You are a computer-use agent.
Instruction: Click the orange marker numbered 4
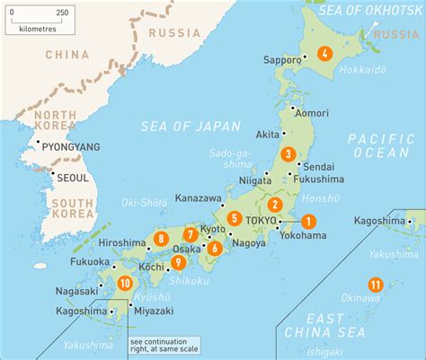pyautogui.click(x=324, y=53)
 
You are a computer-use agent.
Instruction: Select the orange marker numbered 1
pyautogui.click(x=307, y=221)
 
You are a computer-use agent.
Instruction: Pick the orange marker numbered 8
pyautogui.click(x=160, y=238)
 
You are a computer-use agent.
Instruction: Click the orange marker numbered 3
pyautogui.click(x=287, y=154)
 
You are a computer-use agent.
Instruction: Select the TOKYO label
pyautogui.click(x=260, y=221)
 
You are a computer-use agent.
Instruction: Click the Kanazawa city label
pyautogui.click(x=198, y=198)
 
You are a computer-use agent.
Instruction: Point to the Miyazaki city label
pyautogui.click(x=153, y=309)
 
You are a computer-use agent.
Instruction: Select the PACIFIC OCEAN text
pyautogui.click(x=380, y=145)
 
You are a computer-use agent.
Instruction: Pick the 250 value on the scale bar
pyautogui.click(x=62, y=13)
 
